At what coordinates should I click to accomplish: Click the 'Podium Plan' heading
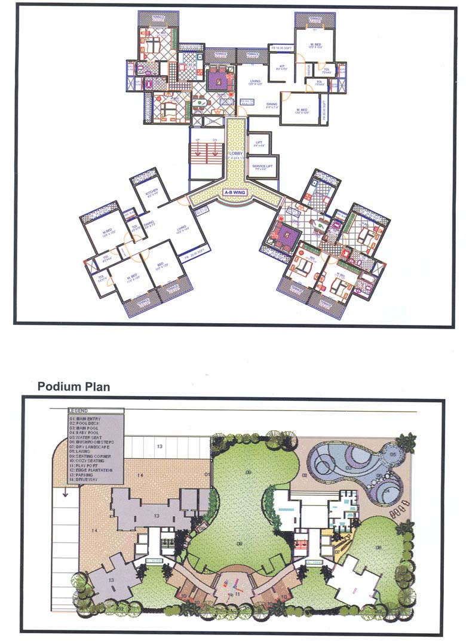[x=73, y=387]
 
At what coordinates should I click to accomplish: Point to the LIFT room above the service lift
[x=259, y=143]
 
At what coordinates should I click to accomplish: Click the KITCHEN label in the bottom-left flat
[x=151, y=191]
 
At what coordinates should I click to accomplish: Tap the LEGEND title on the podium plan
[x=78, y=411]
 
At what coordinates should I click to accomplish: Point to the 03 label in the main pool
[x=348, y=469]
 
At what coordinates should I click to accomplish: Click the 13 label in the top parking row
[x=160, y=446]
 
